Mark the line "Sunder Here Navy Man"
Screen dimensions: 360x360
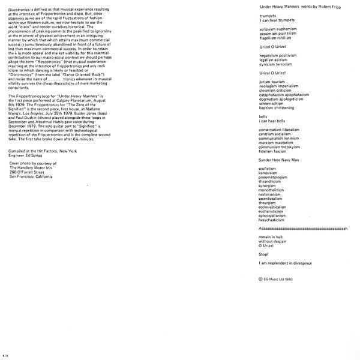pyautogui.click(x=278, y=161)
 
